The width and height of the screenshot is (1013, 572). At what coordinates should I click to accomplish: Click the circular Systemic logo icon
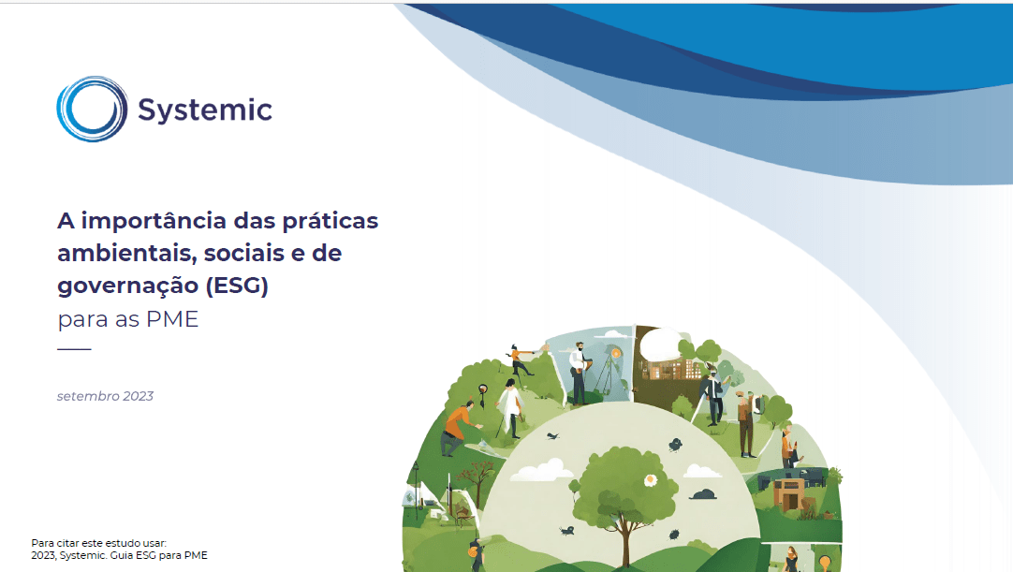pos(92,109)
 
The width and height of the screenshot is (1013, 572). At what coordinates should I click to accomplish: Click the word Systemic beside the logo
pos(205,110)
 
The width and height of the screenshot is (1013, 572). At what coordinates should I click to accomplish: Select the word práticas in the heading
pos(330,222)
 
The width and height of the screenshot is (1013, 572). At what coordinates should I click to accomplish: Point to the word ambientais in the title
pos(126,253)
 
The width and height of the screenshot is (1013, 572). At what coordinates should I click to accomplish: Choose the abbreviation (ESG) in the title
pos(237,285)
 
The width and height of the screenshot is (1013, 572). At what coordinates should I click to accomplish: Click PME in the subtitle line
pos(172,319)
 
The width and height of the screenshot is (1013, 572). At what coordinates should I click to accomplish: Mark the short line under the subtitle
pos(74,349)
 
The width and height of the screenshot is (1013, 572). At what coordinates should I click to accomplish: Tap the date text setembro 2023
pos(105,396)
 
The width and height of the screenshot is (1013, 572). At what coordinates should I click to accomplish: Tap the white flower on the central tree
pos(651,479)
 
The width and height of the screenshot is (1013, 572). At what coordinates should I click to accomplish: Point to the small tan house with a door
pos(788,494)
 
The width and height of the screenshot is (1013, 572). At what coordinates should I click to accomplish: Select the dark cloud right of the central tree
pos(703,494)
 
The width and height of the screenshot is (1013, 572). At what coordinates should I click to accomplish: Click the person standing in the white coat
pos(509,408)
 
